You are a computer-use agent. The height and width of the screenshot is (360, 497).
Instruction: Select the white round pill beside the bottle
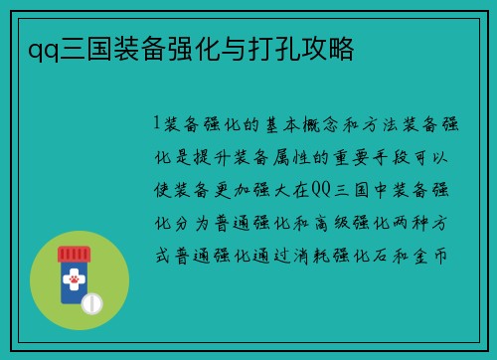tap(91, 301)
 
